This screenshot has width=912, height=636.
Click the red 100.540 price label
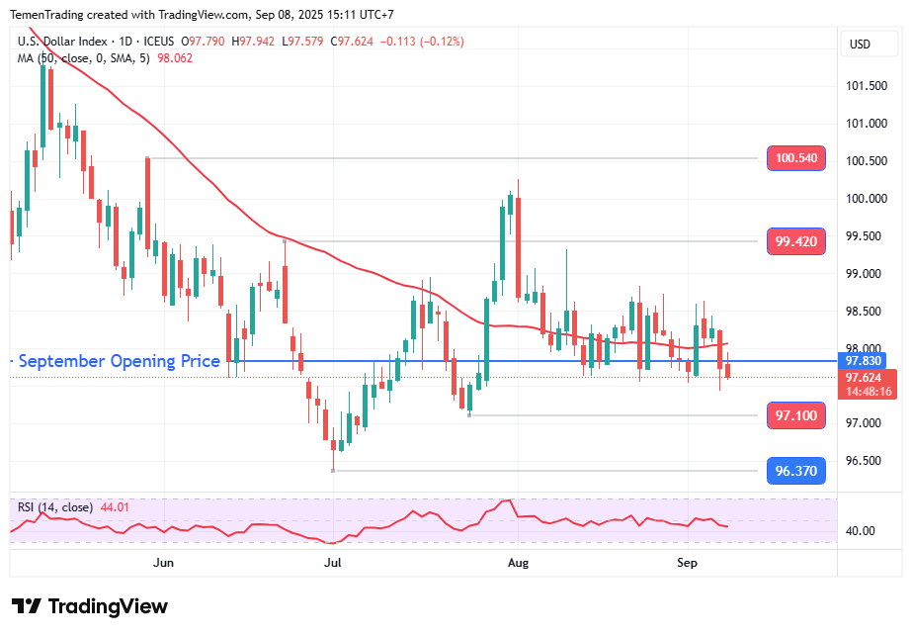point(796,157)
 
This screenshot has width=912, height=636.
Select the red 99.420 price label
point(796,240)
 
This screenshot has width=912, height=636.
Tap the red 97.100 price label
point(796,415)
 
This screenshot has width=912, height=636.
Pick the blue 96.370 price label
point(796,471)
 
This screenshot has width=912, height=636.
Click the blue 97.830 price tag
point(857,361)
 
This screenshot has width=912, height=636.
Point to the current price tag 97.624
point(857,377)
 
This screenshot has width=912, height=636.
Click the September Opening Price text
point(120,361)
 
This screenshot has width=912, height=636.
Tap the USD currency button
point(860,44)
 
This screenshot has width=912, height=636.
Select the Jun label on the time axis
point(164,562)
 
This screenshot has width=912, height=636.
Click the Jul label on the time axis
point(333,562)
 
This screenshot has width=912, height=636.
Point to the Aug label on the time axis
point(517,562)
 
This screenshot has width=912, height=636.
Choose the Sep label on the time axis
point(687,562)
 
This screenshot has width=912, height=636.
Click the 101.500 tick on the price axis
point(867,85)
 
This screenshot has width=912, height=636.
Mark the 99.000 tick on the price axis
point(865,273)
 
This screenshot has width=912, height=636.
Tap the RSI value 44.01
point(113,507)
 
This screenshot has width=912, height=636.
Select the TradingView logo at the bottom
point(90,606)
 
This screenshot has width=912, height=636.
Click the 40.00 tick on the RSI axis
point(861,531)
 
